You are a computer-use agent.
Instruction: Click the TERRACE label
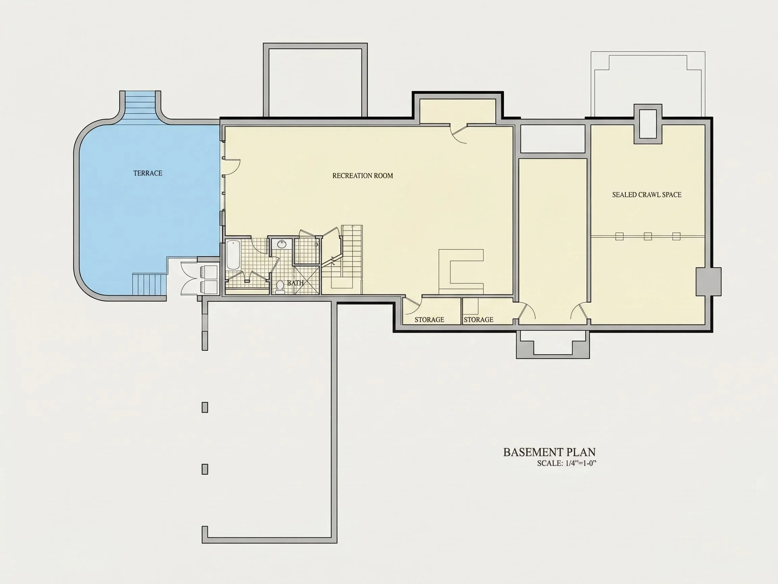pyautogui.click(x=148, y=173)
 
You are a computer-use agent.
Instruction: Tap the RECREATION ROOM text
pyautogui.click(x=363, y=176)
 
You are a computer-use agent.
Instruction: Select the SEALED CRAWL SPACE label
pyautogui.click(x=646, y=195)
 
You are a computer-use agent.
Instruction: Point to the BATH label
pyautogui.click(x=295, y=283)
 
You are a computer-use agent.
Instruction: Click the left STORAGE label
pyautogui.click(x=429, y=320)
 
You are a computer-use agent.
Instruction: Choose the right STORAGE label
pyautogui.click(x=478, y=320)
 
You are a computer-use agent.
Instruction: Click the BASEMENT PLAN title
pyautogui.click(x=549, y=452)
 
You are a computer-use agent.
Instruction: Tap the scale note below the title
pyautogui.click(x=567, y=464)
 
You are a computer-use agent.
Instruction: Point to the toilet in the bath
pyautogui.click(x=280, y=287)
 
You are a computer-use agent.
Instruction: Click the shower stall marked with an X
pyautogui.click(x=307, y=280)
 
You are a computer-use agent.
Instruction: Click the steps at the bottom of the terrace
pyautogui.click(x=149, y=284)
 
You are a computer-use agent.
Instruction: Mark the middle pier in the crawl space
pyautogui.click(x=648, y=236)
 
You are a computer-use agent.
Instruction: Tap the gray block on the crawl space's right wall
pyautogui.click(x=708, y=282)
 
